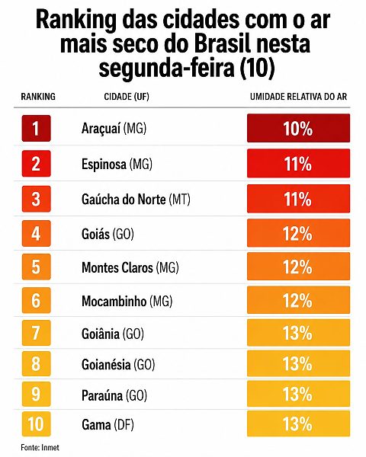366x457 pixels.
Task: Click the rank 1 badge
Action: tap(36, 128)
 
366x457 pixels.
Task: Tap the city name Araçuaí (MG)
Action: tap(114, 128)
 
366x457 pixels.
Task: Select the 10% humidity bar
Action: tap(298, 128)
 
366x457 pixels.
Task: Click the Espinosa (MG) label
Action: tap(117, 164)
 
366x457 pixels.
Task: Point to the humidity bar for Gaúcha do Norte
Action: tap(298, 199)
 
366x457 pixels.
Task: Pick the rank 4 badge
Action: tap(36, 234)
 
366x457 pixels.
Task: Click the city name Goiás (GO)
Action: tap(108, 234)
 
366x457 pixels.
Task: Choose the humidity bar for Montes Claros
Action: tap(298, 267)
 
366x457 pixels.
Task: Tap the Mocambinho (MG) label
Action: tap(127, 301)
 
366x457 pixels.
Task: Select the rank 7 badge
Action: tap(36, 333)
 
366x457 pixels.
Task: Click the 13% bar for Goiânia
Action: tap(298, 333)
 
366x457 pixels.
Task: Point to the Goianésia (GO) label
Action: tap(118, 365)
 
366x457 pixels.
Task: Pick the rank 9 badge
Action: tap(36, 394)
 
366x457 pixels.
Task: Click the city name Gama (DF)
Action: tap(108, 425)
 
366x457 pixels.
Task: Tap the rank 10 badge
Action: tap(36, 423)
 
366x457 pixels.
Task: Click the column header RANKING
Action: tap(38, 97)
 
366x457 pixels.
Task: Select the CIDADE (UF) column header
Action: tap(127, 97)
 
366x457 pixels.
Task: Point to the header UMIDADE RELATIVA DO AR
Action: tap(298, 97)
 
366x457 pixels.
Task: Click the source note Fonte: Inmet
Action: tap(40, 447)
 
